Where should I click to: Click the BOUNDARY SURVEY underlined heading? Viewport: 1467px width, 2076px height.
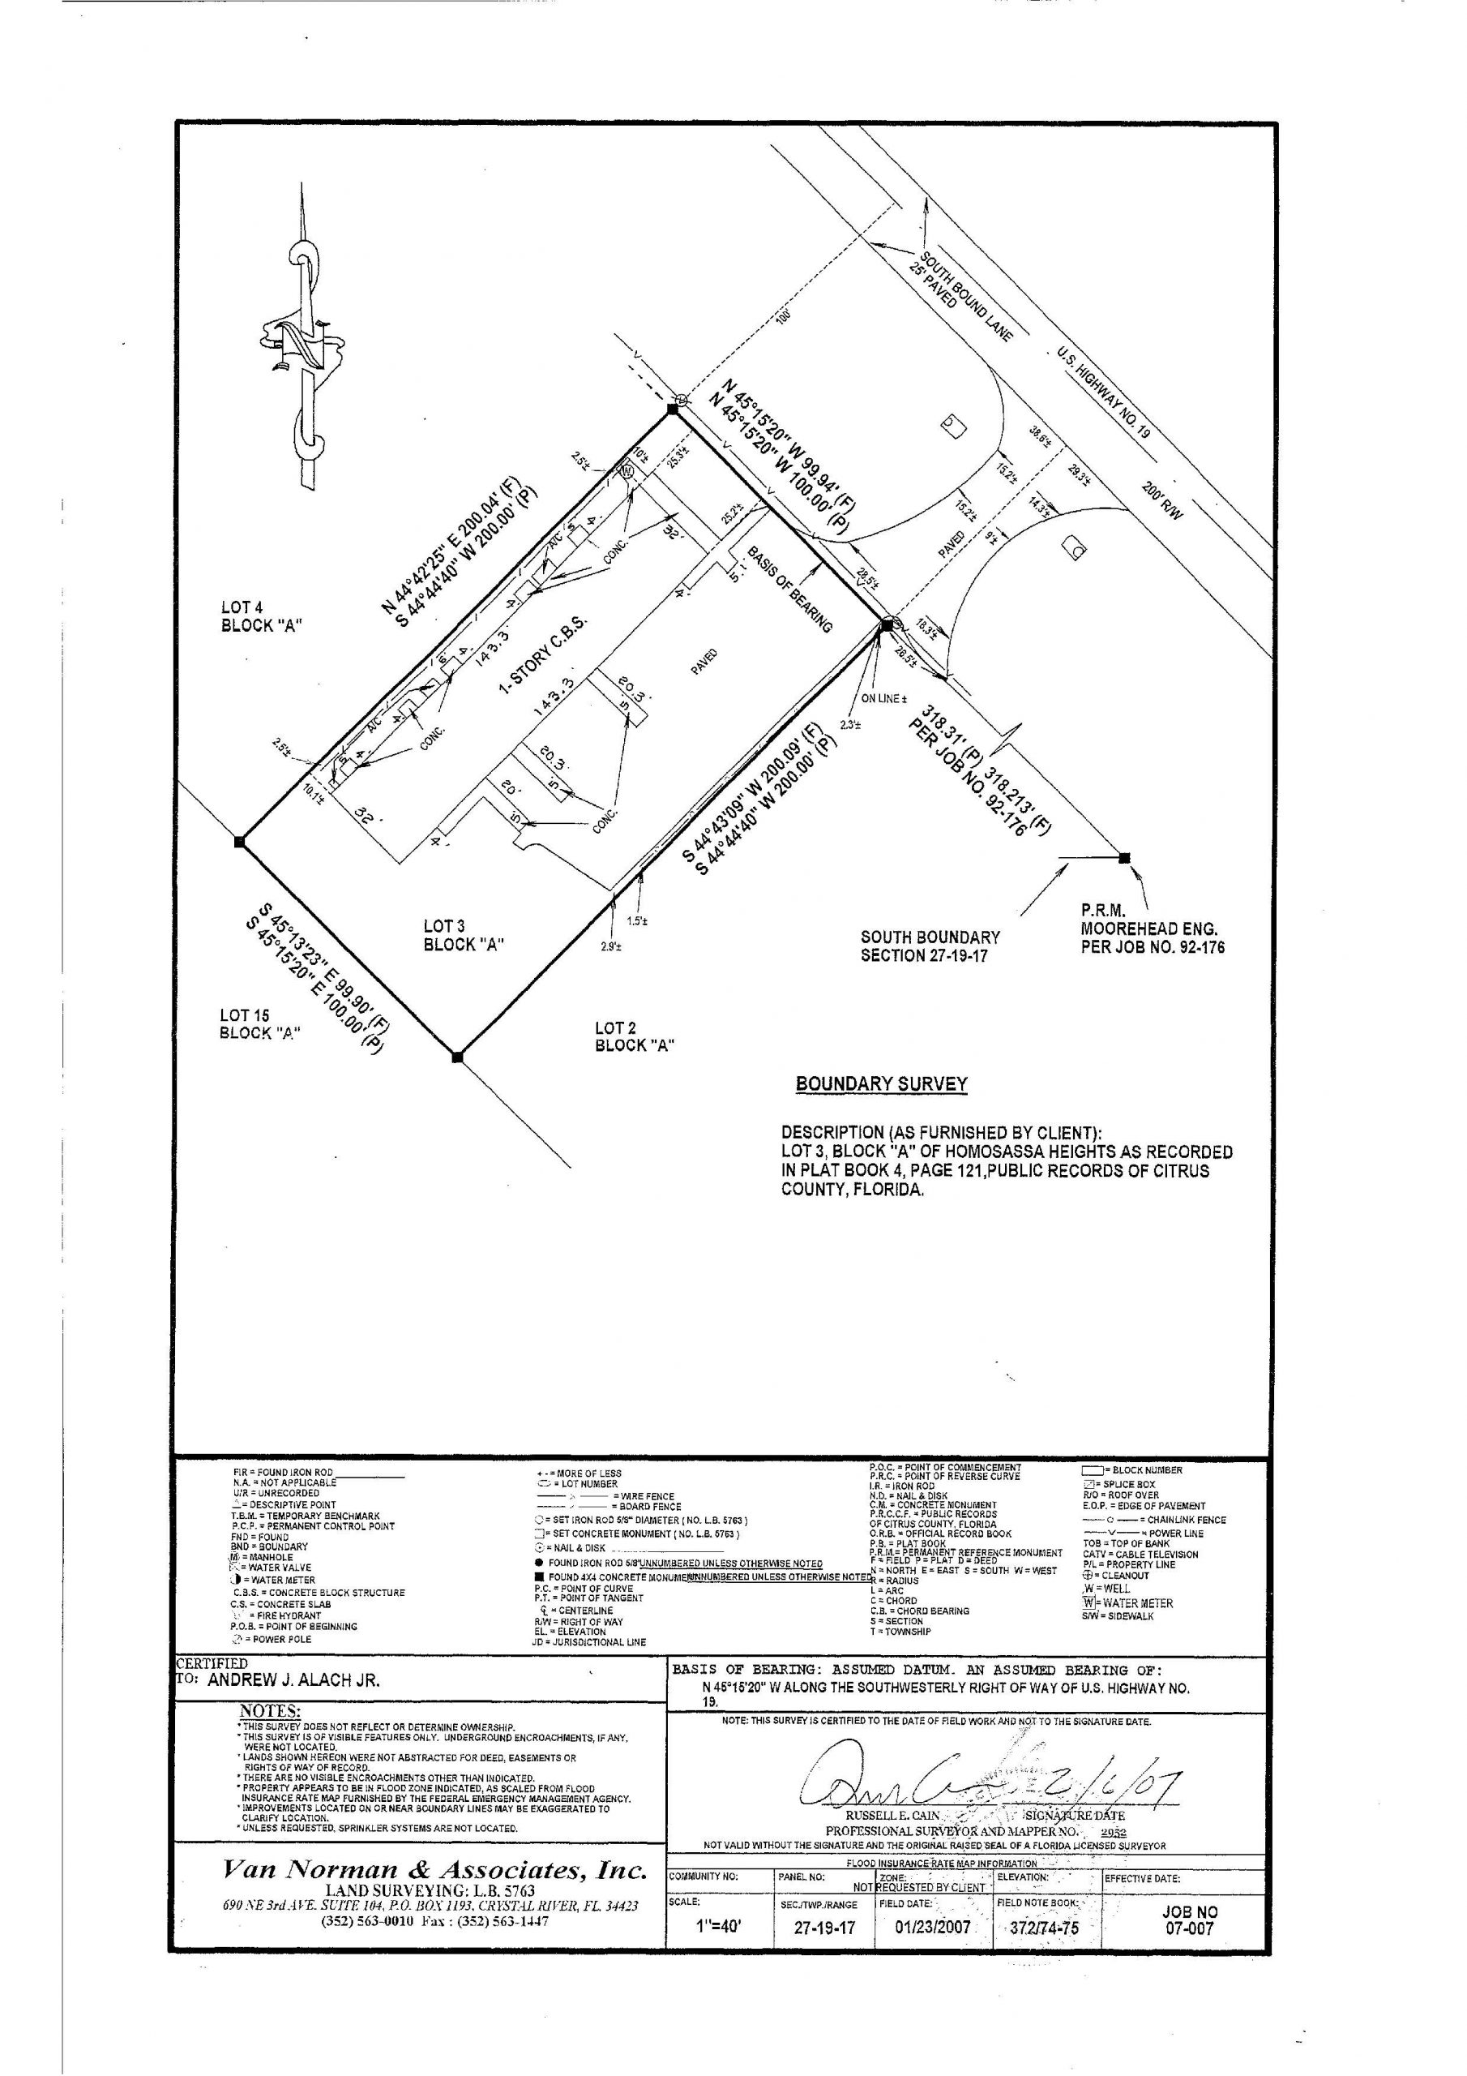pyautogui.click(x=881, y=1084)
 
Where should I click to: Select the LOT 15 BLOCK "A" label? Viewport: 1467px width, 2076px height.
pyautogui.click(x=259, y=1024)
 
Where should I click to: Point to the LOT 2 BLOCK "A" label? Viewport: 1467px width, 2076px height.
pyautogui.click(x=635, y=1036)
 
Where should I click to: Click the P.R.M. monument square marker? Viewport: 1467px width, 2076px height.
pyautogui.click(x=1124, y=857)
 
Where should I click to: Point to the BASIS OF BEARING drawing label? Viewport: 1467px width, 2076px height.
pyautogui.click(x=789, y=589)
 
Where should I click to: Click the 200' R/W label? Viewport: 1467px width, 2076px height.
pyautogui.click(x=1161, y=498)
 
